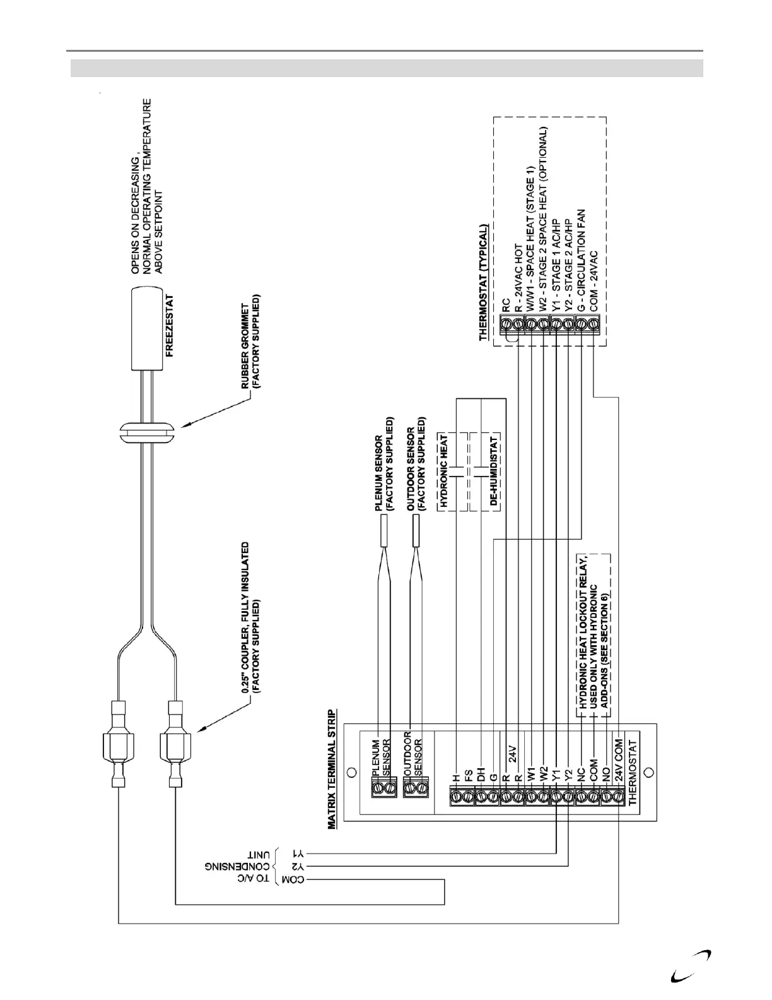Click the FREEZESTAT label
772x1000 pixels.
[x=169, y=326]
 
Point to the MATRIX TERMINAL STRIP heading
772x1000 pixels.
[x=332, y=768]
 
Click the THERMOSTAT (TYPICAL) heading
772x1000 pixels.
[x=483, y=283]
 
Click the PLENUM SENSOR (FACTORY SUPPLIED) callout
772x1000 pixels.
[x=383, y=463]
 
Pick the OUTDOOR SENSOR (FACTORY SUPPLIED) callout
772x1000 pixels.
[x=416, y=463]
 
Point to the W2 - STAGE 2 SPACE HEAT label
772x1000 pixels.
[x=544, y=217]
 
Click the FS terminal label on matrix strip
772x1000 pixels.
[x=468, y=774]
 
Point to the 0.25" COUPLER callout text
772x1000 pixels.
[x=250, y=618]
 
